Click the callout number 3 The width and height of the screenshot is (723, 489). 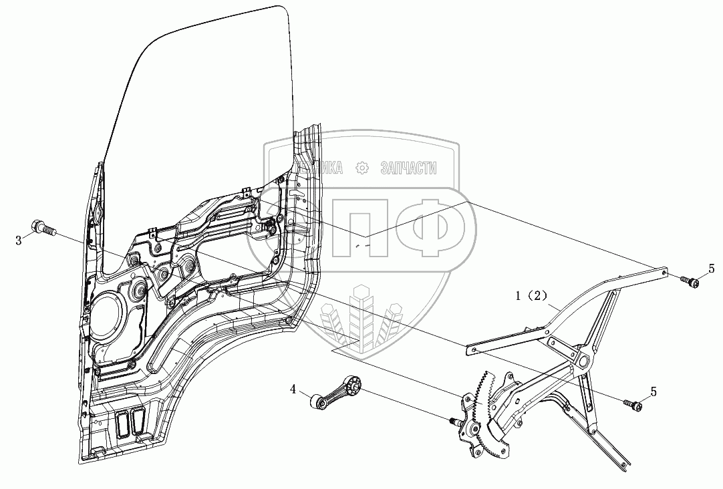19,240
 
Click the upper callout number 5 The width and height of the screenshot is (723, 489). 712,269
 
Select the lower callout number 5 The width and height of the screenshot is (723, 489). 654,391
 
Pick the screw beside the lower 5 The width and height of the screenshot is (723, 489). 635,403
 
